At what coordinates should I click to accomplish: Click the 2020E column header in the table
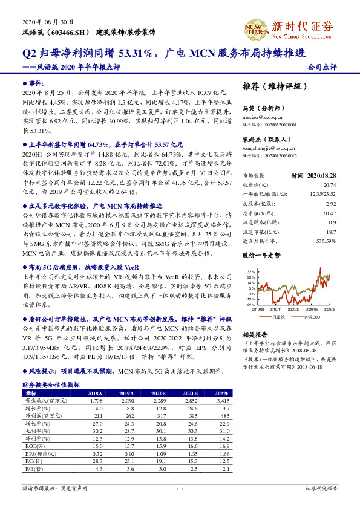point(157,393)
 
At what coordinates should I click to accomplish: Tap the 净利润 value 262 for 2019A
point(128,415)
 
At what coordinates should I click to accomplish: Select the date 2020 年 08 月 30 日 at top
point(41,21)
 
